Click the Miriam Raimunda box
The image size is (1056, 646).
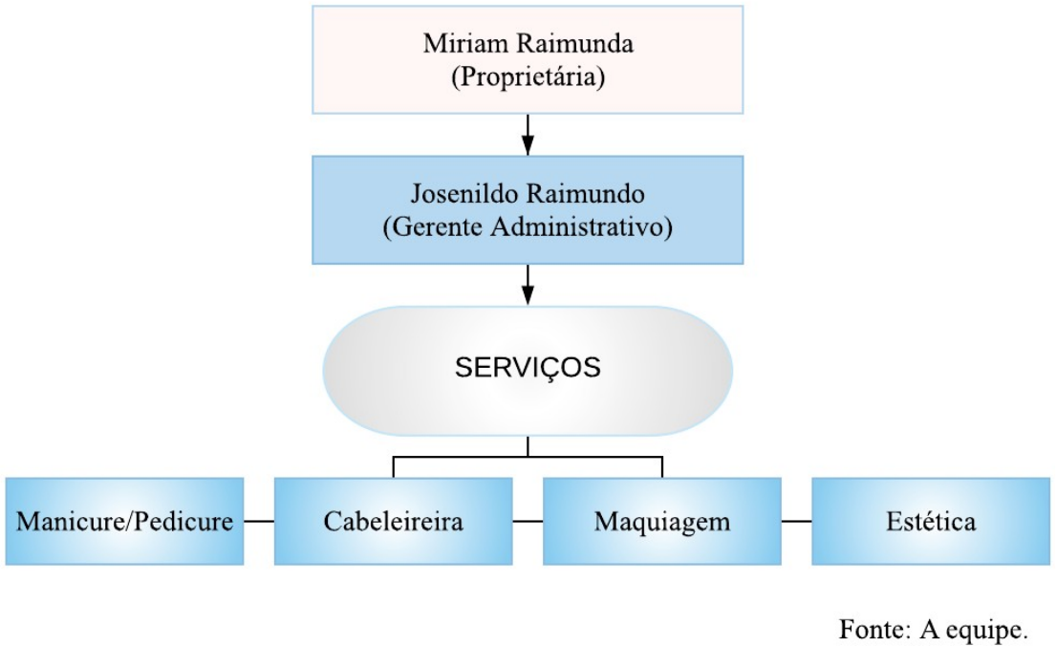tap(528, 59)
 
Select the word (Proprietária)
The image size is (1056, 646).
tap(528, 77)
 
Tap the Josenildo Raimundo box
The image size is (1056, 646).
tap(528, 209)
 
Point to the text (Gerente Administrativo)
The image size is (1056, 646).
tap(528, 227)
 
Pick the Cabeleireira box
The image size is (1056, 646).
tap(393, 522)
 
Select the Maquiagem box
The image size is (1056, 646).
tap(661, 522)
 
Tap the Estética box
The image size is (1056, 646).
tap(930, 522)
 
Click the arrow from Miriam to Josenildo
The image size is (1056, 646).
tap(528, 134)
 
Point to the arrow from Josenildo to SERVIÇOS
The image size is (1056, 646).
tap(528, 285)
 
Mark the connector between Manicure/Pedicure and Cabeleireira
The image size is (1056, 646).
tap(259, 522)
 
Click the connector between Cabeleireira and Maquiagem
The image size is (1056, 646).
tap(528, 522)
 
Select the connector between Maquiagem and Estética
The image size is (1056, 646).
tap(796, 522)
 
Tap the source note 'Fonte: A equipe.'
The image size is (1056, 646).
tap(935, 628)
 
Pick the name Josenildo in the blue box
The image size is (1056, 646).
tap(463, 194)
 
